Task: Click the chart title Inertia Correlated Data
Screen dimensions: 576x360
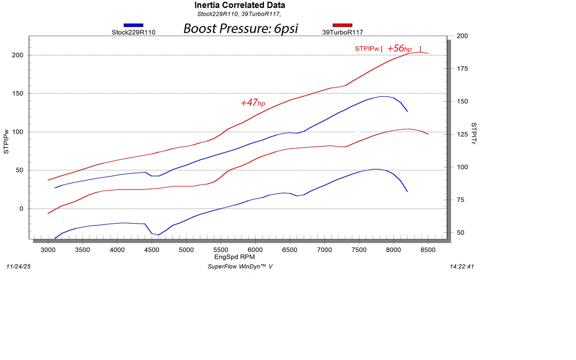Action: [240, 5]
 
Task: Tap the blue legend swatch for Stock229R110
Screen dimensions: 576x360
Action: [133, 25]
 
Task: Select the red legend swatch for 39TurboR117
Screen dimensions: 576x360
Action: [343, 25]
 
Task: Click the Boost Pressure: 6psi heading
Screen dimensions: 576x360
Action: [241, 29]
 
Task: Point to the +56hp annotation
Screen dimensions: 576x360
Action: [399, 48]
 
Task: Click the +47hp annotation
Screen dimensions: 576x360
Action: [253, 103]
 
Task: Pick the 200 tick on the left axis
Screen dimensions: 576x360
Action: [17, 55]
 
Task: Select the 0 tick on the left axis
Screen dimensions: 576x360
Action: [21, 209]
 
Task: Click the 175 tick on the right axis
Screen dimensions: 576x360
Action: [462, 69]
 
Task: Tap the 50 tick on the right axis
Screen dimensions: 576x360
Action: [460, 232]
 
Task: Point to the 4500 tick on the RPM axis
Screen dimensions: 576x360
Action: [152, 250]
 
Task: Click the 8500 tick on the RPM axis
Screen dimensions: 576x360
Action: [428, 250]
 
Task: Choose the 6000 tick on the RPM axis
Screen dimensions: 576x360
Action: [255, 250]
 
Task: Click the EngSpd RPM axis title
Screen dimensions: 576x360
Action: [235, 256]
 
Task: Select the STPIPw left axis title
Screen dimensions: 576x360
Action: [6, 141]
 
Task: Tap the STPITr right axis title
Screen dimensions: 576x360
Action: [474, 133]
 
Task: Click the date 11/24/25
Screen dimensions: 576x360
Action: [19, 266]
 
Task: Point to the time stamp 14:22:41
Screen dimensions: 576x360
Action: [462, 266]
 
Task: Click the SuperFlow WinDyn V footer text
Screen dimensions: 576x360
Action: [240, 266]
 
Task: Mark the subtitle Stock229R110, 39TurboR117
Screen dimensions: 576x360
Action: [239, 14]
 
